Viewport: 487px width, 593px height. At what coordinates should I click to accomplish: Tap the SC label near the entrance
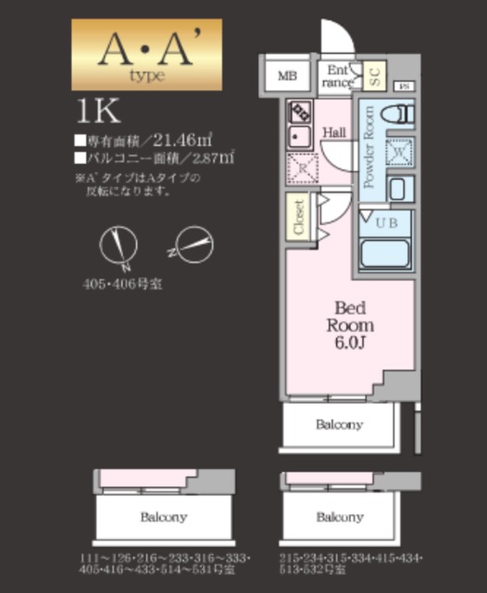pos(375,76)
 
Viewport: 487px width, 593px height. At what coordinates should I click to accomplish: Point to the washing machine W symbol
pos(399,150)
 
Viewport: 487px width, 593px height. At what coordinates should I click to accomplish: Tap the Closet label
pos(299,218)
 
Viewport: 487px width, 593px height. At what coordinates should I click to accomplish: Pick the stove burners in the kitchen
pos(301,113)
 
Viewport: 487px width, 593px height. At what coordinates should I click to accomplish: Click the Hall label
pos(334,132)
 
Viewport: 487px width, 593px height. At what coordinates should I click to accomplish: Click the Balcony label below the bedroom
pos(340,425)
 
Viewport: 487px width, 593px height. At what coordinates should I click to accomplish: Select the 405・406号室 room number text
pos(119,284)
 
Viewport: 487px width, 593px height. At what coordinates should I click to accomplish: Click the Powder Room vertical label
pos(369,148)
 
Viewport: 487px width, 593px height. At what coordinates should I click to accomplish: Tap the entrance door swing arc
pos(335,37)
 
